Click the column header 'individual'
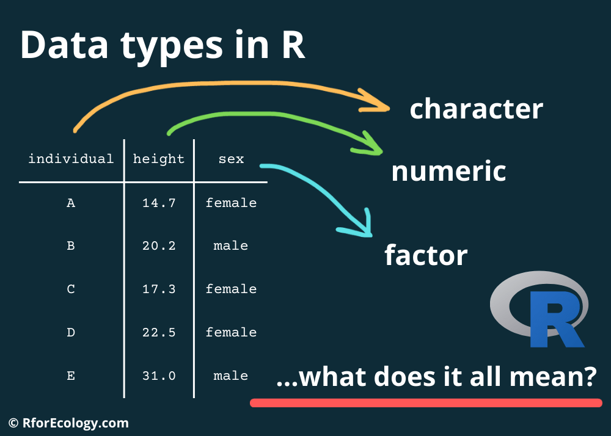point(71,159)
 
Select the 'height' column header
point(159,159)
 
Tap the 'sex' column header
point(231,159)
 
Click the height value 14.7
point(159,203)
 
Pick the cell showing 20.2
point(159,246)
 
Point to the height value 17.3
point(159,289)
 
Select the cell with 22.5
point(159,332)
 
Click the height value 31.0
point(159,376)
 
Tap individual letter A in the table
point(71,203)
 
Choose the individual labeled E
point(71,376)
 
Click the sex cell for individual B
point(231,246)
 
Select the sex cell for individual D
point(231,332)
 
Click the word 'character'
point(476,109)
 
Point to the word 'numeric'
point(448,172)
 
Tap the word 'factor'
point(426,255)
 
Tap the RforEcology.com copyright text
point(68,423)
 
